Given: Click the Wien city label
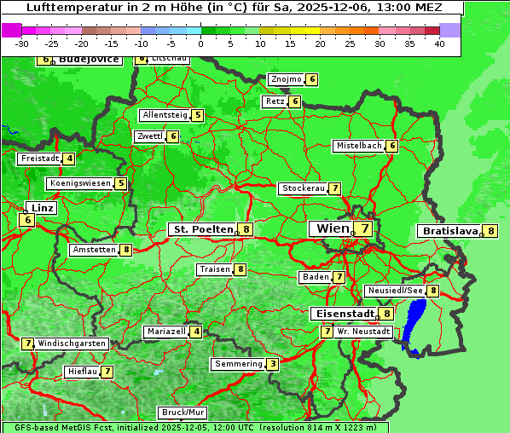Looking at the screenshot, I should [333, 228].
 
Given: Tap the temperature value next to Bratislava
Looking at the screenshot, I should [490, 231].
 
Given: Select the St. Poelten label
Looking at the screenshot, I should [202, 229].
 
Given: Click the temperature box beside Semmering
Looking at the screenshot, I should [272, 364].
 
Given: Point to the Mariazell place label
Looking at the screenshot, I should [166, 332].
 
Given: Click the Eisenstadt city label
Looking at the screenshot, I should [343, 314].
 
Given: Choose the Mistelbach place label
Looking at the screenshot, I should [358, 146].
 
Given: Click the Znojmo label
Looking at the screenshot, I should [286, 79].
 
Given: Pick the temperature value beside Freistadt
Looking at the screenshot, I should [69, 159].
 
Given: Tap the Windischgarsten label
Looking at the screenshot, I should [72, 344].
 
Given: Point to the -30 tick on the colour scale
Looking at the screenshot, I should [22, 43].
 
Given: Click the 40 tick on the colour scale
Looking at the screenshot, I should [439, 43].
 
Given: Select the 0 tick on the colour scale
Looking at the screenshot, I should [200, 43].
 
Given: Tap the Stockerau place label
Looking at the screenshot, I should [303, 188].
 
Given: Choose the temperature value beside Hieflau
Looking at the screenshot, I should [107, 372].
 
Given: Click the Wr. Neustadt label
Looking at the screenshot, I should [364, 331].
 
